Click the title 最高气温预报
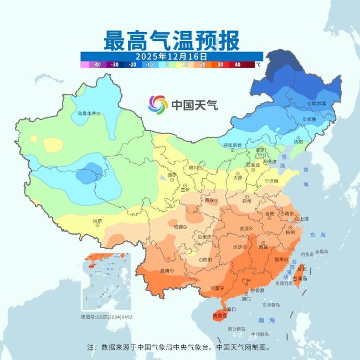pos(171,40)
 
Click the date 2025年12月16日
pos(171,56)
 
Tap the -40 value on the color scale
pos(97,65)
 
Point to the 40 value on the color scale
pos(237,65)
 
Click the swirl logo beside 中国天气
pos(158,104)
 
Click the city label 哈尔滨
pos(318,104)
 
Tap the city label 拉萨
pos(97,221)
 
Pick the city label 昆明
pos(164,271)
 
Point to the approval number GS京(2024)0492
pos(107,317)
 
